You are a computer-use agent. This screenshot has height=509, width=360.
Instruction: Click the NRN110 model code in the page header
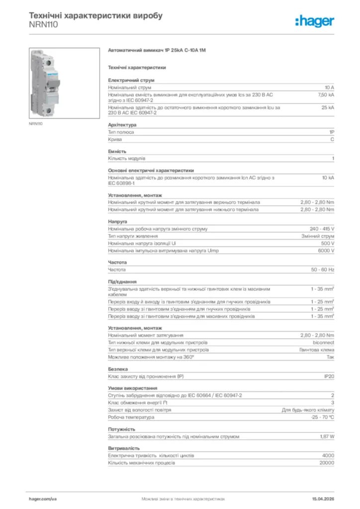click(x=44, y=24)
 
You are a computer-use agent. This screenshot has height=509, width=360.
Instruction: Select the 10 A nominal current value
click(x=329, y=87)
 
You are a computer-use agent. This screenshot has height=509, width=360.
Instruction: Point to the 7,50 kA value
click(x=326, y=94)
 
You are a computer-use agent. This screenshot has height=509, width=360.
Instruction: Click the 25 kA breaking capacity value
click(x=328, y=107)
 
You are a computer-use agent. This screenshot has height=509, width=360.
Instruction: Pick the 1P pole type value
click(x=331, y=132)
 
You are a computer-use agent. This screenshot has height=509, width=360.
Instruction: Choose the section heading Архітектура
click(x=122, y=125)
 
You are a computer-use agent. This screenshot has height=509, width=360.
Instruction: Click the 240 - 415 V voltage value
click(x=322, y=229)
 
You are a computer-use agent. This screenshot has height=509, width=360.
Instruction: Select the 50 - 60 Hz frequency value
click(x=322, y=269)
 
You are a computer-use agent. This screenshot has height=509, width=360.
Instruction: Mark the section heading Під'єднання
click(x=122, y=281)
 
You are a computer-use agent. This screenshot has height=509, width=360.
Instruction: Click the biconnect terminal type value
click(x=324, y=342)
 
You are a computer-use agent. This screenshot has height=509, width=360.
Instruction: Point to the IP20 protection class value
click(x=329, y=377)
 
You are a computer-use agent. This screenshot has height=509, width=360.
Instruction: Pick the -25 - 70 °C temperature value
click(x=322, y=417)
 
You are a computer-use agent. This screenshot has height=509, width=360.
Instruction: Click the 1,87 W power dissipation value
click(x=327, y=436)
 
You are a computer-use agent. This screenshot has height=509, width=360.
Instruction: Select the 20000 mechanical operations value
click(x=327, y=463)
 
